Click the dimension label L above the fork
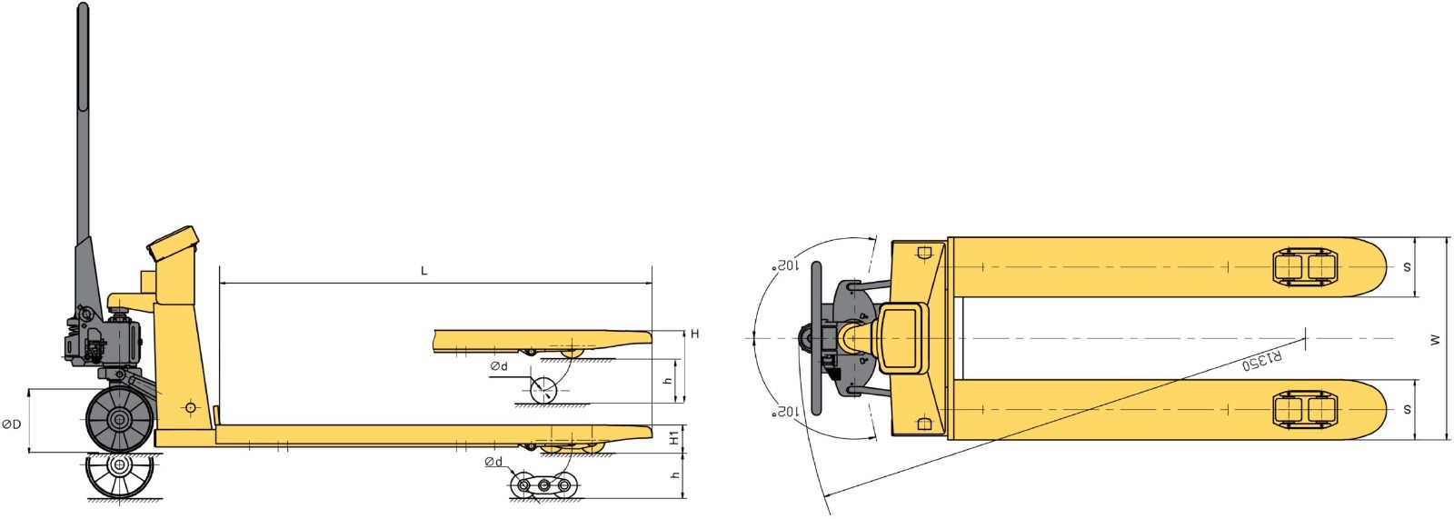pyautogui.click(x=423, y=270)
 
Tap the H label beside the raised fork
pyautogui.click(x=694, y=334)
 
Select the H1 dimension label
pyautogui.click(x=676, y=437)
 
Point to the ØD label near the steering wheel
pyautogui.click(x=12, y=424)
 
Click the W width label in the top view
pyautogui.click(x=1435, y=339)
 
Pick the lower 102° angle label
pyautogui.click(x=784, y=411)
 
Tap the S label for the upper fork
pyautogui.click(x=1407, y=267)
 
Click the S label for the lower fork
pyautogui.click(x=1407, y=410)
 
